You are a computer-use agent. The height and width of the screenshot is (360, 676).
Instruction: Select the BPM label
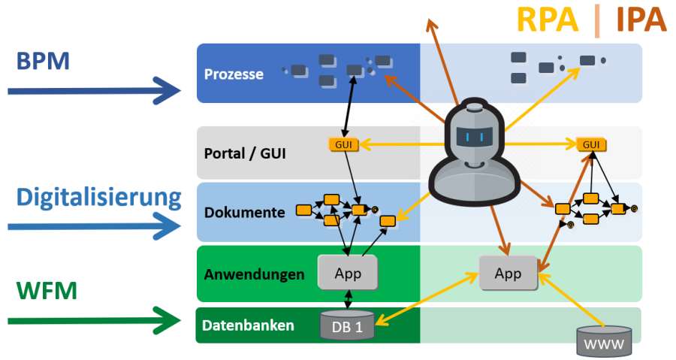(42, 60)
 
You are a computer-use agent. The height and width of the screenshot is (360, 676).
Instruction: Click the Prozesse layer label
(234, 74)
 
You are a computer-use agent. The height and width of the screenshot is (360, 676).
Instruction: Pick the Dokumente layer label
(245, 213)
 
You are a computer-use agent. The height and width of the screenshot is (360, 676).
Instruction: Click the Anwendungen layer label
(255, 274)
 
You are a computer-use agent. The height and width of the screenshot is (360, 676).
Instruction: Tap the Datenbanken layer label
(248, 326)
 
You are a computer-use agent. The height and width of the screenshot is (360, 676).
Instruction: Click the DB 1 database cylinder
(347, 326)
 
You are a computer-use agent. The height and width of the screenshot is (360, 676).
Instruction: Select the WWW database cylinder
(604, 342)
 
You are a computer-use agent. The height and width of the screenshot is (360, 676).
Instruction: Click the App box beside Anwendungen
(347, 274)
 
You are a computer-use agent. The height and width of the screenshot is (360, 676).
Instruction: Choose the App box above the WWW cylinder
(509, 274)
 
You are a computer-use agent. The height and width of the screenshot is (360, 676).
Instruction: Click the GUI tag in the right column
(592, 144)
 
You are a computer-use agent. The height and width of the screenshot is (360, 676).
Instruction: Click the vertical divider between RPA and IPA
(596, 21)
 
